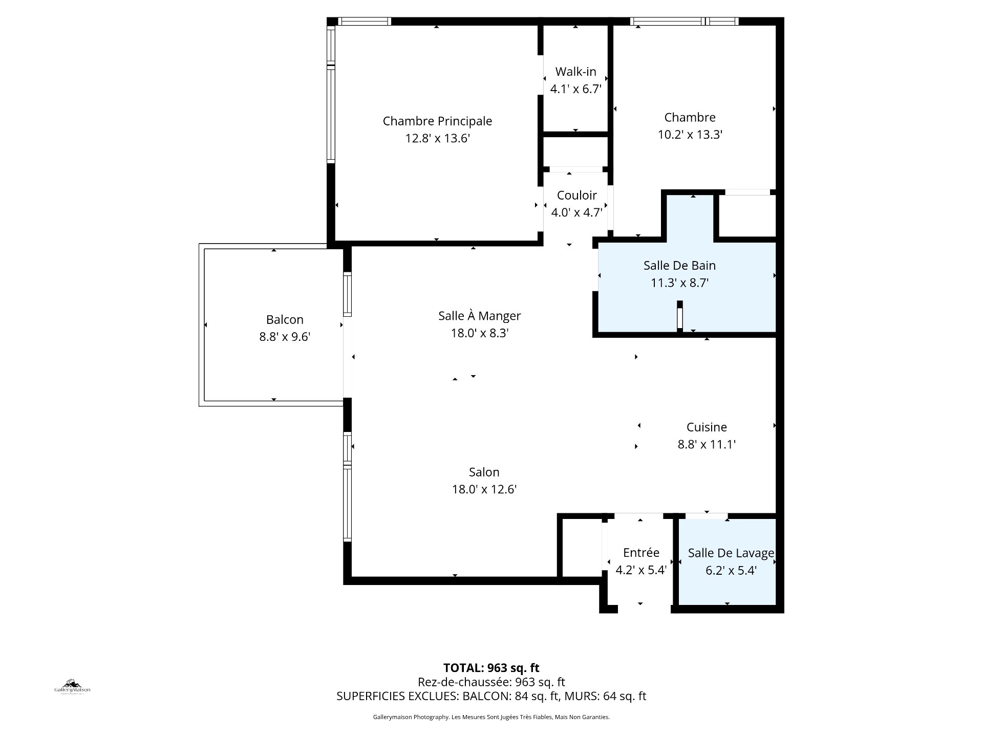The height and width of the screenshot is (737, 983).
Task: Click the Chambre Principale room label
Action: [437, 121]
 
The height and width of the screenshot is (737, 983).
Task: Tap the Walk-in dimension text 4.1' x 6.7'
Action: [575, 89]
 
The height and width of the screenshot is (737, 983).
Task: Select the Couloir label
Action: [576, 196]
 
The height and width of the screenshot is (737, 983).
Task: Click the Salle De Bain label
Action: [679, 265]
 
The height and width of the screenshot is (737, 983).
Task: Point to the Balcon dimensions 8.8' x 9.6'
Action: [285, 337]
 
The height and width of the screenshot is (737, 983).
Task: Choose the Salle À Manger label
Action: [479, 316]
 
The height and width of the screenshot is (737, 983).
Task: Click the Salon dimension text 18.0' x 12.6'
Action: [484, 489]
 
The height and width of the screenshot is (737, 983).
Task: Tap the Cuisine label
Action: [707, 427]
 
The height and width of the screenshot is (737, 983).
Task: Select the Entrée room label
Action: [641, 552]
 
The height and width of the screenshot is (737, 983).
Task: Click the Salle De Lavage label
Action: [731, 553]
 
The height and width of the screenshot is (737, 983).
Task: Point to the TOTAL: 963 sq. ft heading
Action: [491, 667]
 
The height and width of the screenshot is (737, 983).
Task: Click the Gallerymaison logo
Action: [72, 686]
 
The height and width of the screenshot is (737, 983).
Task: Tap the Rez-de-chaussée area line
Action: [491, 682]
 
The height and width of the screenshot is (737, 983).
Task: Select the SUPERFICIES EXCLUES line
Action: [491, 696]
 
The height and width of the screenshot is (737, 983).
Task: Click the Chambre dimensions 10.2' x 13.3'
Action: [690, 135]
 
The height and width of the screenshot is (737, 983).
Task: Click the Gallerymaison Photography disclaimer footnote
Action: [491, 717]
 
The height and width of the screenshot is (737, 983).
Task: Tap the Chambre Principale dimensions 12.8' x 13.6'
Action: [437, 138]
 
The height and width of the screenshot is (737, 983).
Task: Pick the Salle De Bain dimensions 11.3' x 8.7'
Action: [679, 283]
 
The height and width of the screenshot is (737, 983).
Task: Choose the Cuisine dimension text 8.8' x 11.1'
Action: [707, 444]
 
